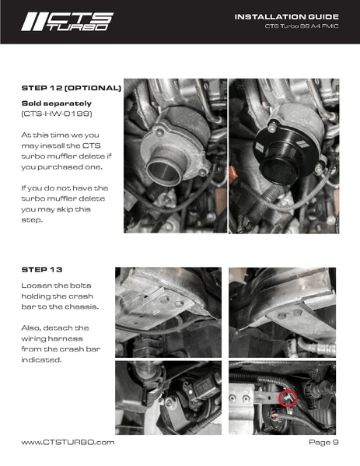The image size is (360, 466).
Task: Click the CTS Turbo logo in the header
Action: (66, 20)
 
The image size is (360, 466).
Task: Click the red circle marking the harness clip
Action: (286, 398)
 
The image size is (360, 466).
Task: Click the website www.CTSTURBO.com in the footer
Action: (68, 442)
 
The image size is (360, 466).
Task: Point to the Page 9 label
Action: (323, 442)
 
